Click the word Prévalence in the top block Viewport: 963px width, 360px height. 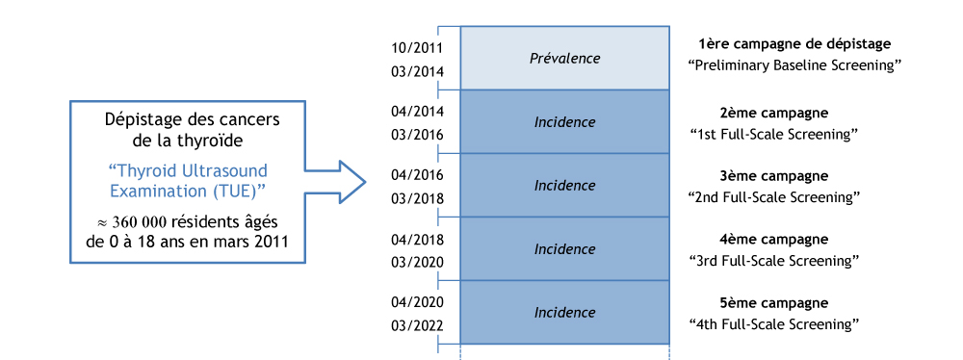coord(564,59)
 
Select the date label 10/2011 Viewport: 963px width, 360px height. coord(417,47)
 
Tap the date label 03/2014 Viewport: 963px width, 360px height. coord(417,71)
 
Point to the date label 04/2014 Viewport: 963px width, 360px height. coord(417,111)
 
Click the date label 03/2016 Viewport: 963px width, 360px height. coord(417,135)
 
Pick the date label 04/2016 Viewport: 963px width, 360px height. coord(417,175)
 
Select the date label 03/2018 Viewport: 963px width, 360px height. coord(417,198)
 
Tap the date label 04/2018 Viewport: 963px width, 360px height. coord(417,239)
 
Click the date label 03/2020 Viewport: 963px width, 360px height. coord(417,262)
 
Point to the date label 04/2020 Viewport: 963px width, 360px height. coord(417,302)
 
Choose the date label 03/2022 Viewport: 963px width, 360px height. coord(417,325)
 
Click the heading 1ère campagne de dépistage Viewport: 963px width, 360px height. coord(794,44)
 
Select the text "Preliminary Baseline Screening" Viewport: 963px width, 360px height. coord(794,66)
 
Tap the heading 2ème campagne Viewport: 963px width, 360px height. coord(773,113)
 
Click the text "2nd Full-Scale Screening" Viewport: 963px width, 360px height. coord(774,197)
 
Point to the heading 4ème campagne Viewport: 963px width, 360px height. coord(773,240)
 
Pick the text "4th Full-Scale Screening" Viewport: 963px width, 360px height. coord(774,324)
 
